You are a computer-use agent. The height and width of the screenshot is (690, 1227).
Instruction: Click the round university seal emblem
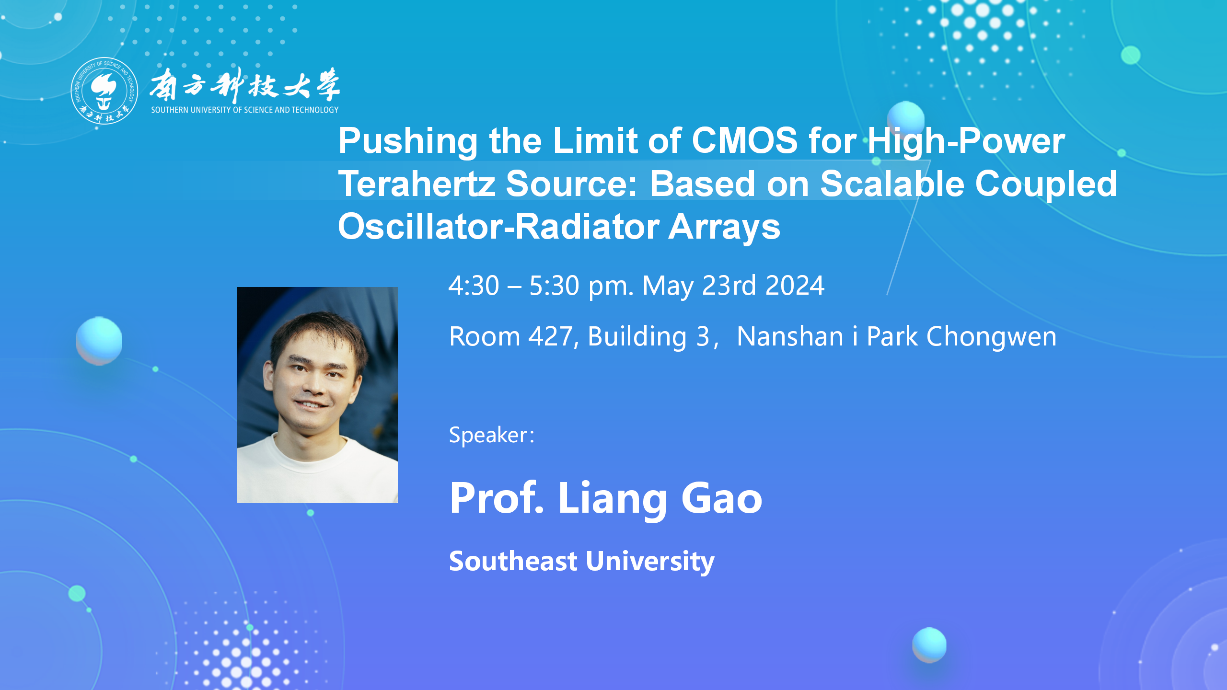coord(104,91)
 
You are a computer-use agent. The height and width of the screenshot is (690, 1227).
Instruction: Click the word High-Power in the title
coord(966,142)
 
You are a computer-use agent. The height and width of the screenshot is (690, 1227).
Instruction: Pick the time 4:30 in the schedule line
coord(474,286)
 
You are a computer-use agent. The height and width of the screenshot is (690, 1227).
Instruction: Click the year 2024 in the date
coord(795,286)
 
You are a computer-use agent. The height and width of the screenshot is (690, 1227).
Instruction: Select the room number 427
coord(551,336)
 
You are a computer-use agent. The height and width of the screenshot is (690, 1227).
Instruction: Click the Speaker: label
coord(492,435)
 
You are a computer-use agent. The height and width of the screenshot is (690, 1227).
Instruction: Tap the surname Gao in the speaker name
coord(722,498)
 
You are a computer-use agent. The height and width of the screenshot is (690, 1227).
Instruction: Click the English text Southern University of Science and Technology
coord(245,110)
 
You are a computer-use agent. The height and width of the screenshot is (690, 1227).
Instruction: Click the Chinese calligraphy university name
coord(245,85)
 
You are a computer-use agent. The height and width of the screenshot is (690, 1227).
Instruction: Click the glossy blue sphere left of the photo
coord(99,341)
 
